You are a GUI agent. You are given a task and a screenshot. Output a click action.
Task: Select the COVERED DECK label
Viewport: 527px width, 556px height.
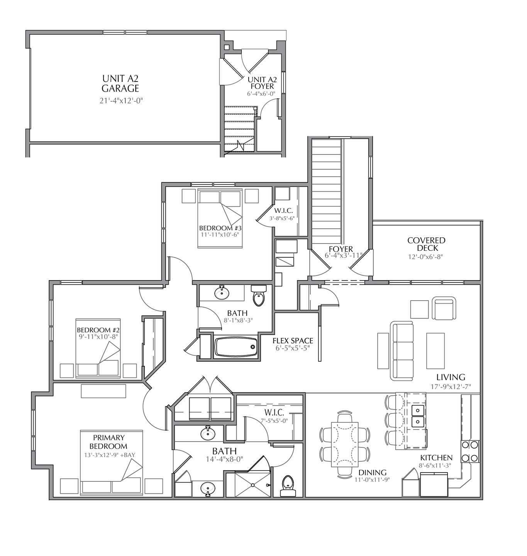(426, 244)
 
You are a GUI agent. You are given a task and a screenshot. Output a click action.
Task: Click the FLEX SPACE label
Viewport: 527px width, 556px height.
(293, 341)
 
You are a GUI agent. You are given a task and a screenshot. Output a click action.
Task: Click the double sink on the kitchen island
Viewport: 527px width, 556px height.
(417, 415)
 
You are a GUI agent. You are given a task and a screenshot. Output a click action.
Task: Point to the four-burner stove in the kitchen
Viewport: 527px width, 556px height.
(470, 452)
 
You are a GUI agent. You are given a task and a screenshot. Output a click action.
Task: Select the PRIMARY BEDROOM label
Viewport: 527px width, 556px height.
(109, 442)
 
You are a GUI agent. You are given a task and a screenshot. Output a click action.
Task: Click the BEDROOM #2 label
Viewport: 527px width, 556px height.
(97, 330)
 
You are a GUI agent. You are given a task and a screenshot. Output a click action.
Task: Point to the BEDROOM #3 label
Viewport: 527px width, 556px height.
(220, 228)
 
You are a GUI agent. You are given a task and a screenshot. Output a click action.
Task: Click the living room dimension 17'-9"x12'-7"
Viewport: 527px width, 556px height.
(451, 386)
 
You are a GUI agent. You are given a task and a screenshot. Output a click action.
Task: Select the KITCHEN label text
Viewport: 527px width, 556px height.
(436, 458)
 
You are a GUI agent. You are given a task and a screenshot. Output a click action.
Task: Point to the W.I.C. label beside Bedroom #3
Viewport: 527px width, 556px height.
(283, 211)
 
